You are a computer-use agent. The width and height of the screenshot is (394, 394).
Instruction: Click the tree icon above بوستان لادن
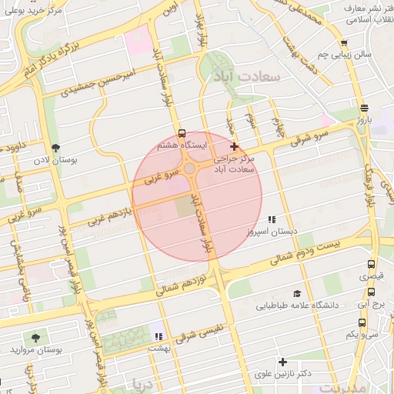55,148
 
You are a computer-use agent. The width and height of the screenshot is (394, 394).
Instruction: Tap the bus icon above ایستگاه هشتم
182,133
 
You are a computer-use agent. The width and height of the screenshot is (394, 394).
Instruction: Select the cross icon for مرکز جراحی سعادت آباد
235,146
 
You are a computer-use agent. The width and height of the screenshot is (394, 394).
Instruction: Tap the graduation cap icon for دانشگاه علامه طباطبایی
296,294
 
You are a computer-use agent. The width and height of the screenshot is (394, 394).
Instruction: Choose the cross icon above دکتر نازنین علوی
282,362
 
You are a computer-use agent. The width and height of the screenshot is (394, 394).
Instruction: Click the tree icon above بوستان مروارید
35,338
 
